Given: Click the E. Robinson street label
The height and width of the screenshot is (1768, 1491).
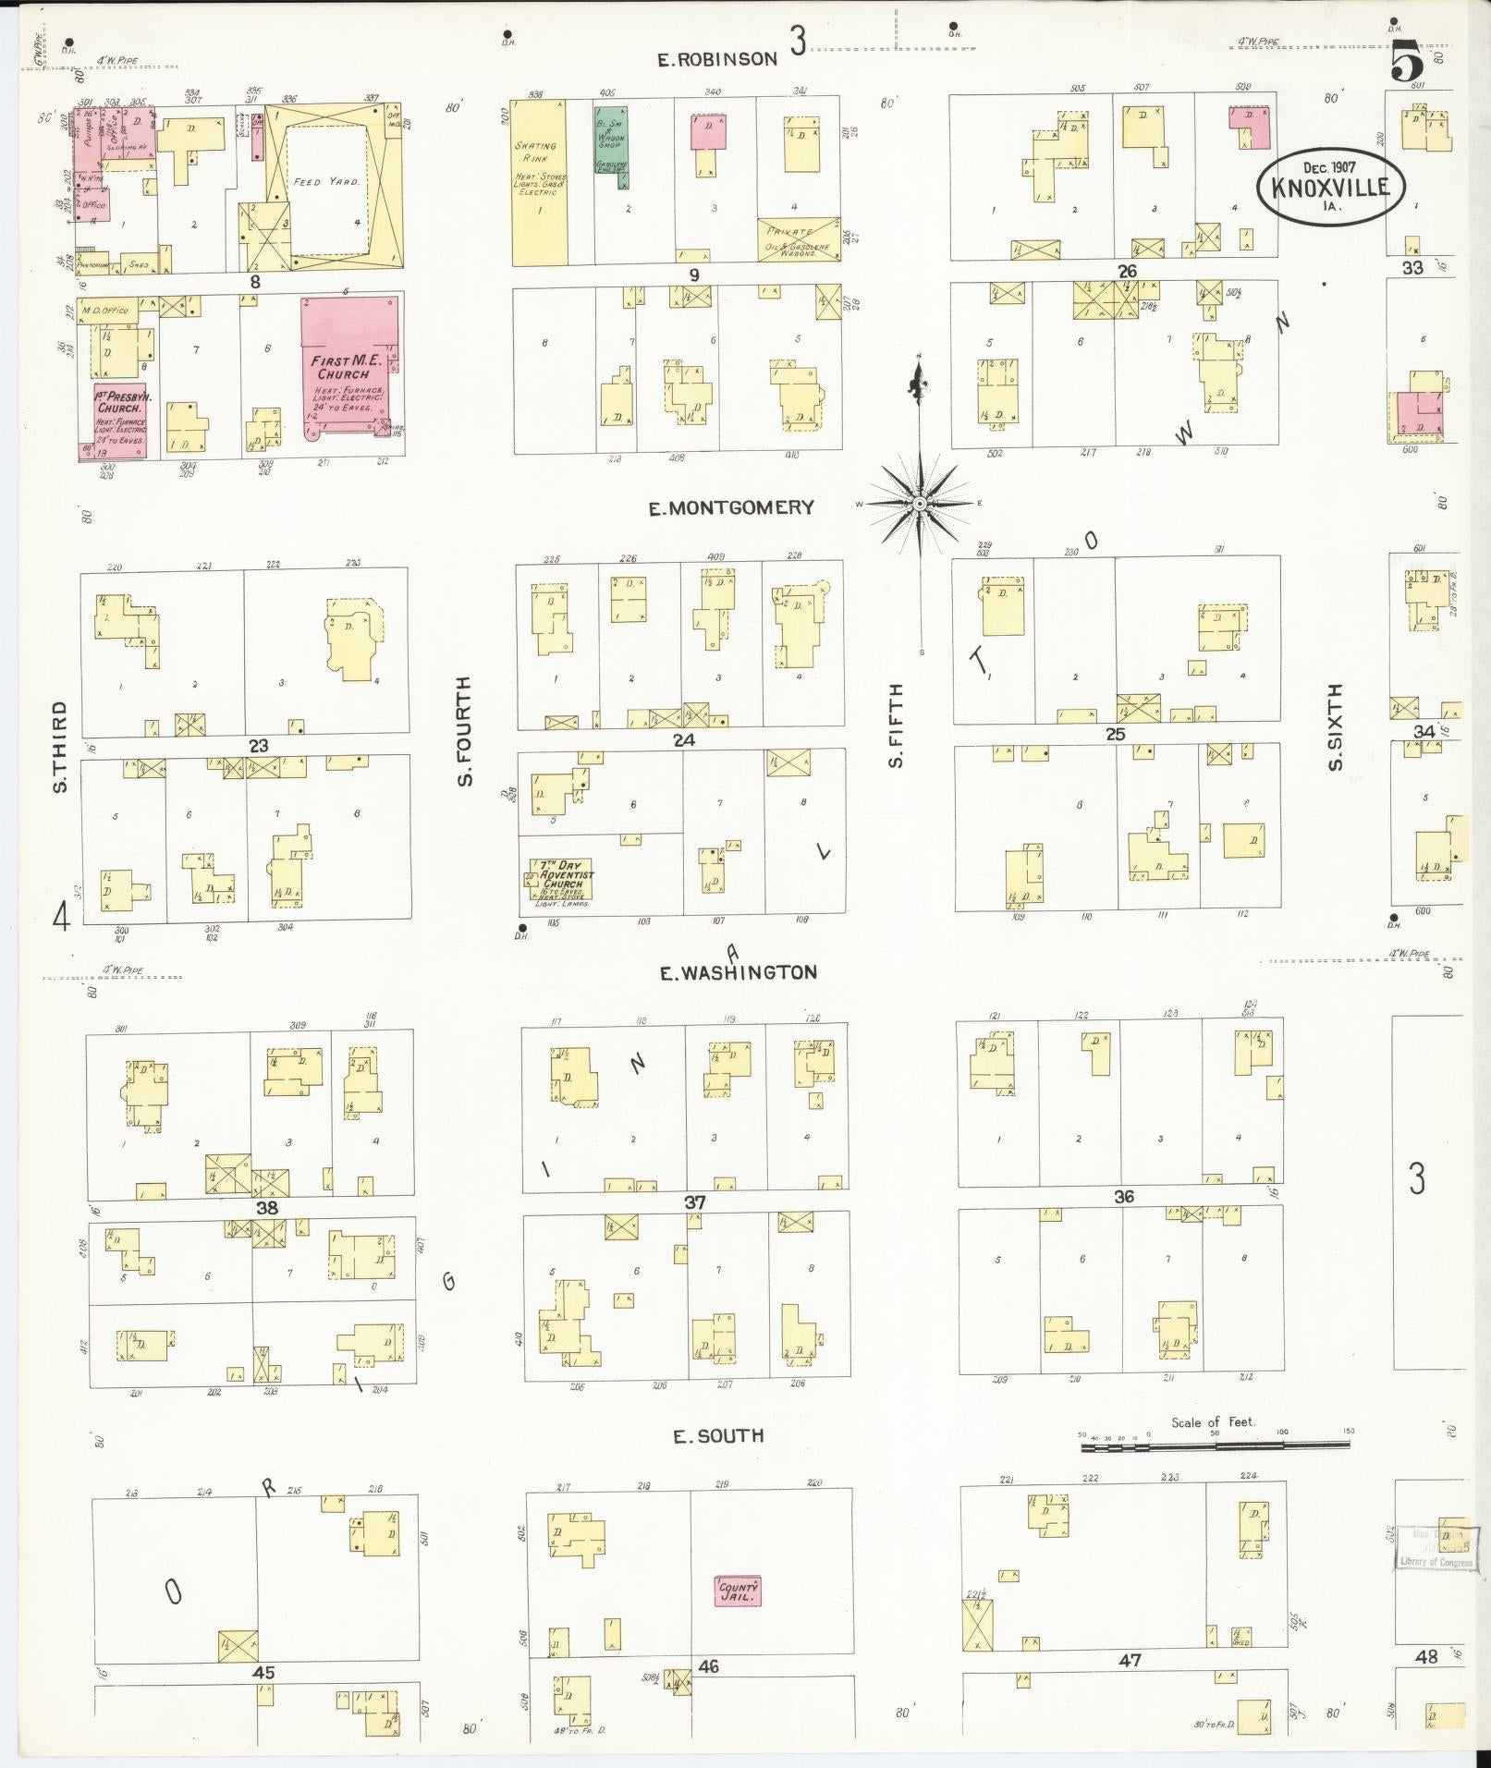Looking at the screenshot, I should click(x=716, y=59).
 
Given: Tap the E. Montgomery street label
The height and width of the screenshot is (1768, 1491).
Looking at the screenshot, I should click(x=730, y=507).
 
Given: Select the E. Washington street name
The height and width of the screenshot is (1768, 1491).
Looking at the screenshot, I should click(x=738, y=972).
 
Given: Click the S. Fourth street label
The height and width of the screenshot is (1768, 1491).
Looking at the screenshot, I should click(x=464, y=731).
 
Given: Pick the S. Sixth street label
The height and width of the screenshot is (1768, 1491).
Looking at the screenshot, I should click(x=1334, y=726).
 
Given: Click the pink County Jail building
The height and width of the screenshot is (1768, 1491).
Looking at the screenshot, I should click(x=738, y=1590).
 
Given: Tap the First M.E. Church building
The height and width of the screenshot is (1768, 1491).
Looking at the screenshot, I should click(x=349, y=365).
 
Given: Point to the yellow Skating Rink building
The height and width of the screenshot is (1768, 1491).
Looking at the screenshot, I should click(x=539, y=182).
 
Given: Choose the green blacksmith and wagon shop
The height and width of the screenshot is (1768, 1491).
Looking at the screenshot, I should click(x=611, y=143).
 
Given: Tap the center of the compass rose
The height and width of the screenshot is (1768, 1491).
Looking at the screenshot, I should click(x=920, y=505).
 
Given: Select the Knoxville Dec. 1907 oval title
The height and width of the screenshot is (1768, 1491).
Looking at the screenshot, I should click(x=1329, y=186).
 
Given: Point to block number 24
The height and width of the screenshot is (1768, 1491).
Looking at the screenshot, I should click(x=684, y=739).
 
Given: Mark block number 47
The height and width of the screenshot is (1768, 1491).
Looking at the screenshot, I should click(x=1129, y=1660).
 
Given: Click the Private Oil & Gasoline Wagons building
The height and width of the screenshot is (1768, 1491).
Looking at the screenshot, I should click(x=799, y=240).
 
